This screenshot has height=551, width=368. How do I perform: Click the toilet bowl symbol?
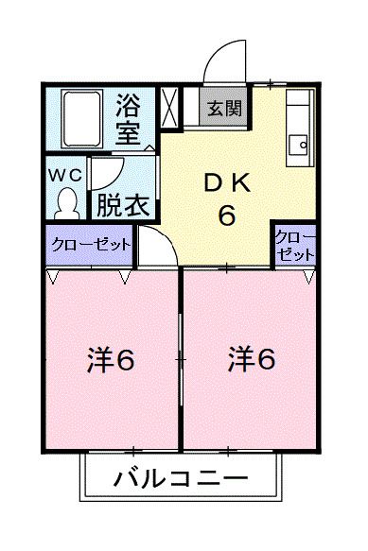(66, 201)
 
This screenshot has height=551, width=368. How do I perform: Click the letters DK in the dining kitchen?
(226, 182)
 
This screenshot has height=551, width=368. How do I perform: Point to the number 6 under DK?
(227, 216)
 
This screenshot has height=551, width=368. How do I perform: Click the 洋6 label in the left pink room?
(112, 360)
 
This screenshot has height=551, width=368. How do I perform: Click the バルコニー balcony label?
(180, 478)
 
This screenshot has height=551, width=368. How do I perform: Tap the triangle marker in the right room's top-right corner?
(309, 277)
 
